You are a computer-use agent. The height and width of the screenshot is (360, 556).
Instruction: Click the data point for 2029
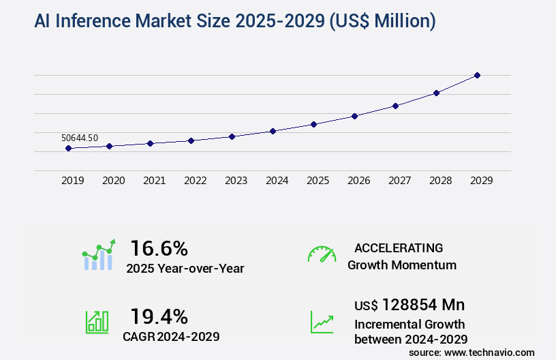(x=477, y=75)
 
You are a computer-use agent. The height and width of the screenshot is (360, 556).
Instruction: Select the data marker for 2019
(x=68, y=148)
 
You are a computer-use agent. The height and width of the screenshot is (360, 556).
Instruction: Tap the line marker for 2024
(x=273, y=131)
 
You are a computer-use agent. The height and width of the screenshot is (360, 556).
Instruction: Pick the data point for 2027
(x=395, y=106)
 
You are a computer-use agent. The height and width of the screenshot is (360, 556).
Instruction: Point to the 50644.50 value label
(x=80, y=138)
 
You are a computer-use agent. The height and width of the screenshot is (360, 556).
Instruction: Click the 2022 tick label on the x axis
(x=195, y=181)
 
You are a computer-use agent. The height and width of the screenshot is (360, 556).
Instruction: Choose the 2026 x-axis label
(x=358, y=181)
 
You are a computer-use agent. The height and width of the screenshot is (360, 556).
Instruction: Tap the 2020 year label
(x=113, y=181)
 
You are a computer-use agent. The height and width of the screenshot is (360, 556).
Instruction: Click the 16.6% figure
(x=159, y=248)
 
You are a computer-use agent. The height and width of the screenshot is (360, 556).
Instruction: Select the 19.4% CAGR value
(x=159, y=316)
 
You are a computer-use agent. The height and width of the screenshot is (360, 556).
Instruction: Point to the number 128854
(x=409, y=305)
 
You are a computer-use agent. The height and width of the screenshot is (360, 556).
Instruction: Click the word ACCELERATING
(x=399, y=248)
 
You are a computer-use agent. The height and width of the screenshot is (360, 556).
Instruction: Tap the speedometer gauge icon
(x=322, y=254)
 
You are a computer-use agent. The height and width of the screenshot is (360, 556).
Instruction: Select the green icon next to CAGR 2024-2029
(x=96, y=322)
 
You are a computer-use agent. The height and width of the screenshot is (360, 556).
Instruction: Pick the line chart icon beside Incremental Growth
(x=322, y=322)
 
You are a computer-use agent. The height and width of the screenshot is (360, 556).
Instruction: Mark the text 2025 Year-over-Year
(x=185, y=269)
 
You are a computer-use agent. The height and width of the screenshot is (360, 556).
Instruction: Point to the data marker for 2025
(x=313, y=124)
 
